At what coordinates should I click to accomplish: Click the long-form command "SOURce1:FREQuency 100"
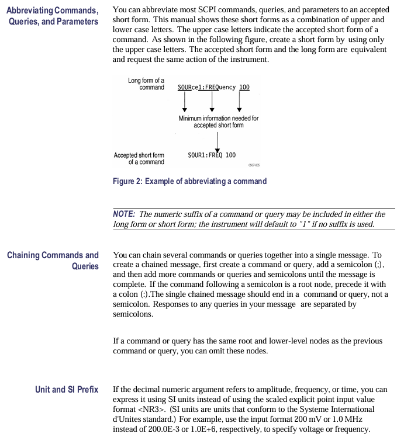213,87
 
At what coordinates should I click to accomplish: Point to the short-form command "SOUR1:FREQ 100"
212,155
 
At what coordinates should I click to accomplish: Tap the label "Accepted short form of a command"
139,158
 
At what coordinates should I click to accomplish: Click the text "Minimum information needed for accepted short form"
219,121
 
